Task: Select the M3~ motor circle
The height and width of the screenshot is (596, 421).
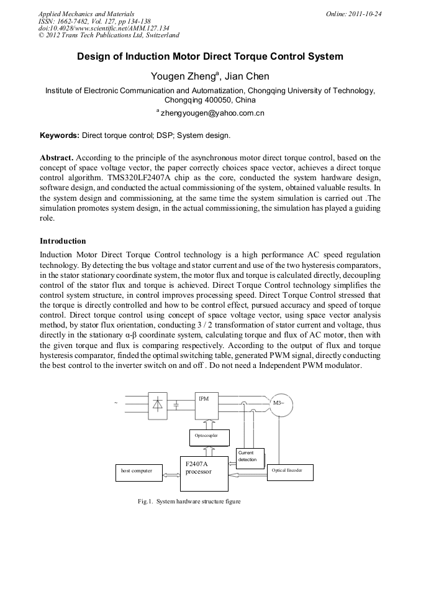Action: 278,404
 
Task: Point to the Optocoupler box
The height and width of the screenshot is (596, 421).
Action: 208,437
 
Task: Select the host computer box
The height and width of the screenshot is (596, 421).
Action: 137,471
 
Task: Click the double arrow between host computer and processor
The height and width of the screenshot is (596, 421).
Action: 171,475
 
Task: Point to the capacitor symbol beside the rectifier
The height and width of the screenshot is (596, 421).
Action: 177,405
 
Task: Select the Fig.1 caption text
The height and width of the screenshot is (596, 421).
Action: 189,502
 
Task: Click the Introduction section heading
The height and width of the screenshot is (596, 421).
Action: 63,241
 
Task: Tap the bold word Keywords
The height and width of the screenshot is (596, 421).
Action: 59,135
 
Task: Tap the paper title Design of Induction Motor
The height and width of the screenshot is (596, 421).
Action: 210,57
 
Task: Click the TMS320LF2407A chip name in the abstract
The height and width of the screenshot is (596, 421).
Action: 139,177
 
